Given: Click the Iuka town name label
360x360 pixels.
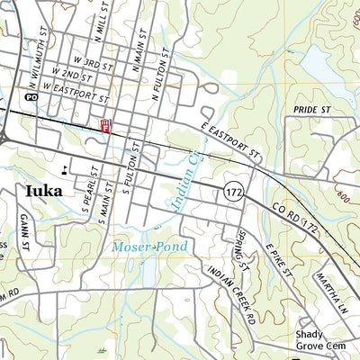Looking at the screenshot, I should tap(43, 191).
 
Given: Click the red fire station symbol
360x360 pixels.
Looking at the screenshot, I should tap(105, 127).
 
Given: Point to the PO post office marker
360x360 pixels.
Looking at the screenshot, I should tap(31, 95).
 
